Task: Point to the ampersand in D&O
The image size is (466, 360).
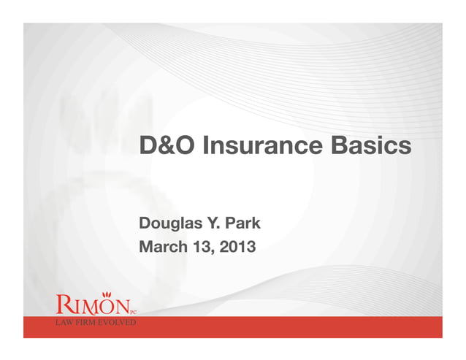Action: [x=168, y=147]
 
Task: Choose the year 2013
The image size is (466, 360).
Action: [x=237, y=247]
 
